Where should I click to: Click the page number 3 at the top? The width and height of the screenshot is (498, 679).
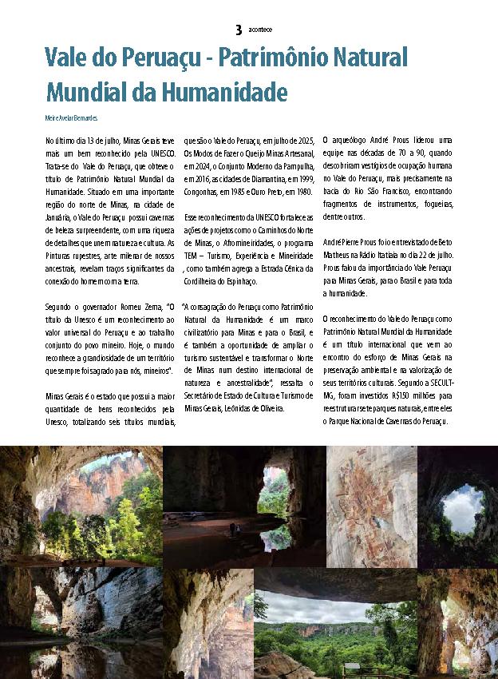(238, 30)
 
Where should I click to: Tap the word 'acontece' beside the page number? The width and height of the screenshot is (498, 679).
(260, 30)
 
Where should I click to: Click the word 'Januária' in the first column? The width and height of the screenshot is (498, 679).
(61, 217)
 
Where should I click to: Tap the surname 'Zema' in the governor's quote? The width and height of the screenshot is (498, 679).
(145, 308)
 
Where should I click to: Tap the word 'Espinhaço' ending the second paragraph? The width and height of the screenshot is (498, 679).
(238, 281)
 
